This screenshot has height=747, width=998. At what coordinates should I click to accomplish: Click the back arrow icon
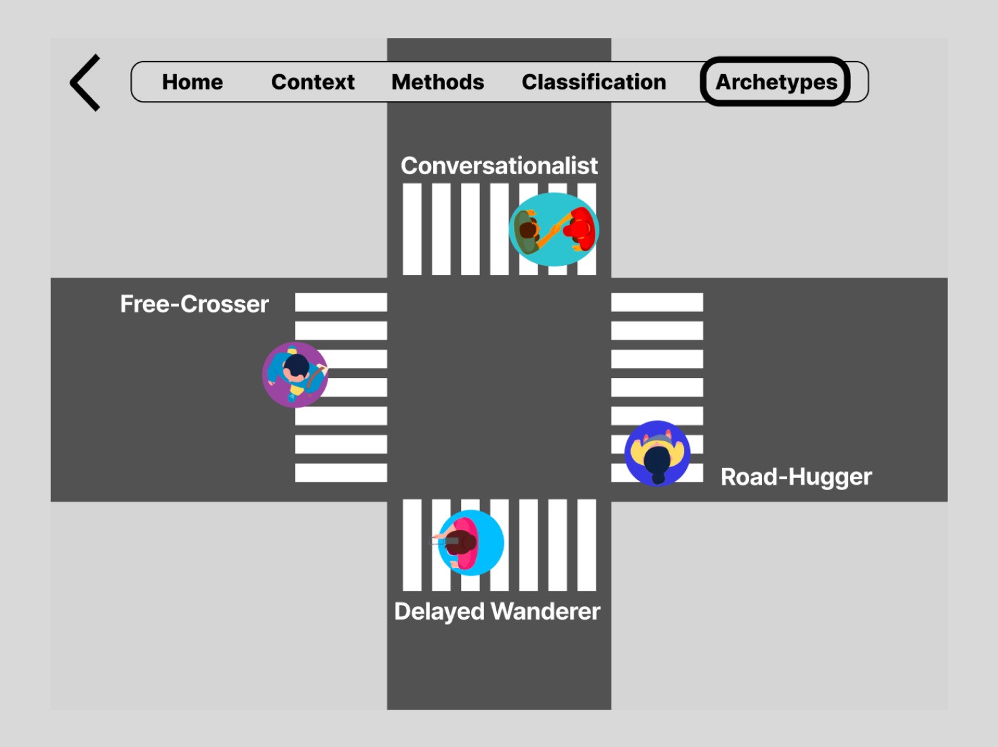[85, 83]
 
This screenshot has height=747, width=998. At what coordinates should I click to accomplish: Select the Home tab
[193, 82]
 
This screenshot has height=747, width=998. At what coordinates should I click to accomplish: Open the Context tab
[313, 82]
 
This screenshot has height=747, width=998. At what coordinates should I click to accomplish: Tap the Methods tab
[438, 82]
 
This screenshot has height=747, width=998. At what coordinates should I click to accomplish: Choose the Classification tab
[594, 82]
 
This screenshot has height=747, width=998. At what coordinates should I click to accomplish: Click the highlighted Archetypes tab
[776, 82]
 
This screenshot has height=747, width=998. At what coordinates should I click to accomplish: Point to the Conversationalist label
[499, 165]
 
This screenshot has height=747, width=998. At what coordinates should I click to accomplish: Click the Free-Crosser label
[195, 304]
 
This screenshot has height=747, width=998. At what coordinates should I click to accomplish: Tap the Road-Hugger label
[796, 477]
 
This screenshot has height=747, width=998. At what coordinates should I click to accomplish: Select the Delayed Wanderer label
[497, 611]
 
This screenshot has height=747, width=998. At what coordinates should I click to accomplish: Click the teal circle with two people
[554, 229]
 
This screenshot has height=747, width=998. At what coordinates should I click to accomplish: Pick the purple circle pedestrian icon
[296, 375]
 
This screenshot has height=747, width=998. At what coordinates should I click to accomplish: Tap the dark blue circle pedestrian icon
[657, 453]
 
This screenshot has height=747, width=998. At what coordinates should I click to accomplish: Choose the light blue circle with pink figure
[471, 542]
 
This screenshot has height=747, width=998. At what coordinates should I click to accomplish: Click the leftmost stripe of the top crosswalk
[412, 229]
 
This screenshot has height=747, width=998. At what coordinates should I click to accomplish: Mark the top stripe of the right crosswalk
[657, 302]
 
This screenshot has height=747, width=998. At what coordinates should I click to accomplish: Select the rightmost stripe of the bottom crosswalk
[586, 545]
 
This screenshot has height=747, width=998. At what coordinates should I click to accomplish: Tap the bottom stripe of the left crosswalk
[341, 472]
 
